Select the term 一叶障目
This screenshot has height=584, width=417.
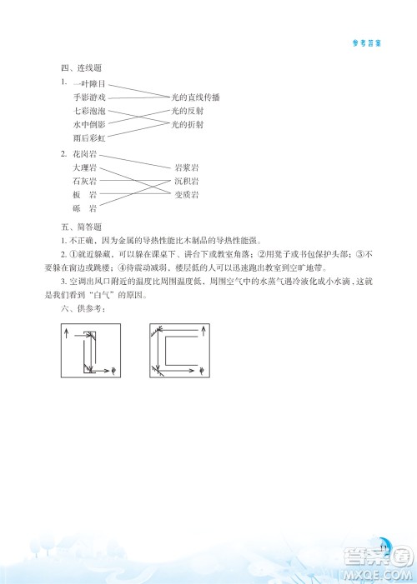[89, 84]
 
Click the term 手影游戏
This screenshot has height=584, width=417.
[89, 97]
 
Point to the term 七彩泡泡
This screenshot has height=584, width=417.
[89, 111]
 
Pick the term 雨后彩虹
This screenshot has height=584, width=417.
[89, 137]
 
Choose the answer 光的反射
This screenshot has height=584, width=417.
[188, 111]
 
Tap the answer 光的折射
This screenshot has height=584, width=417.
[188, 124]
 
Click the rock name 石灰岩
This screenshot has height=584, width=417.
[85, 181]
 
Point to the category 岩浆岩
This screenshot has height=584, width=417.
[187, 167]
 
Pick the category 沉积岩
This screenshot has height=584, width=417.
[187, 181]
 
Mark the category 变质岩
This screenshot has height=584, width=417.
[187, 194]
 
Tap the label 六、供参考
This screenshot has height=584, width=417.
[78, 307]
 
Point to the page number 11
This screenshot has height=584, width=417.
[384, 547]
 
